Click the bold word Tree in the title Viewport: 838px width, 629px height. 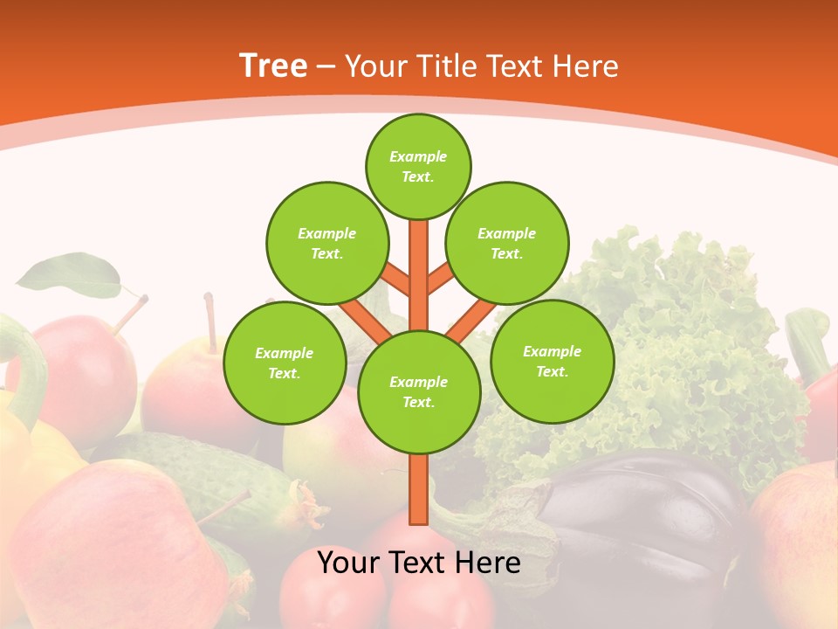(273, 66)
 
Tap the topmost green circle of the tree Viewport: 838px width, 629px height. (418, 166)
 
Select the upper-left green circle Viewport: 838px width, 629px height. (326, 243)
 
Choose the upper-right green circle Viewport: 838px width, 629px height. (507, 243)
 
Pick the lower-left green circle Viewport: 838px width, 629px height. (285, 363)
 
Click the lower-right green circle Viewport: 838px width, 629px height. (552, 361)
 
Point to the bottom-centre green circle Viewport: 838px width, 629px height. (419, 391)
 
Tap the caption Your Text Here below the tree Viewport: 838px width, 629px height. (419, 563)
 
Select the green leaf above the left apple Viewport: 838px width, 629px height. (70, 273)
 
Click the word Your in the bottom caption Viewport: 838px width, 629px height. (349, 563)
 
